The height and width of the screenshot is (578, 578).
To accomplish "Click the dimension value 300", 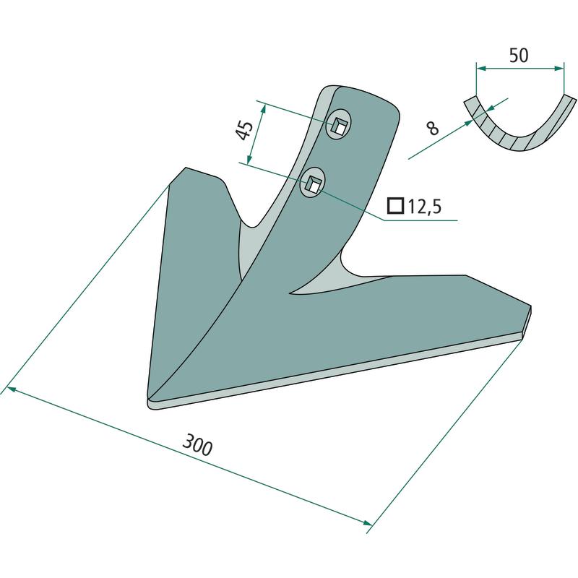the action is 197,445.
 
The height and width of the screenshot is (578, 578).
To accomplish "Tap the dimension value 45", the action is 244,130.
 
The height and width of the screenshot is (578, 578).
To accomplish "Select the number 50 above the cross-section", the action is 519,56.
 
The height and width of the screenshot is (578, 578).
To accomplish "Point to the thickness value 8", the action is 432,128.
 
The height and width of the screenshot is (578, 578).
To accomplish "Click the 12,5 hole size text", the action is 424,207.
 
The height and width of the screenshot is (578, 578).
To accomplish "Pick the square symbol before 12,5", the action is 395,206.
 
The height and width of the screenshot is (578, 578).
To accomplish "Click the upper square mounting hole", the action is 339,126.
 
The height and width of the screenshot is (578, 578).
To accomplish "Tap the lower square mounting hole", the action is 313,184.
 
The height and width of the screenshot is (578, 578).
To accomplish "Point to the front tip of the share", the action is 148,402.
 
